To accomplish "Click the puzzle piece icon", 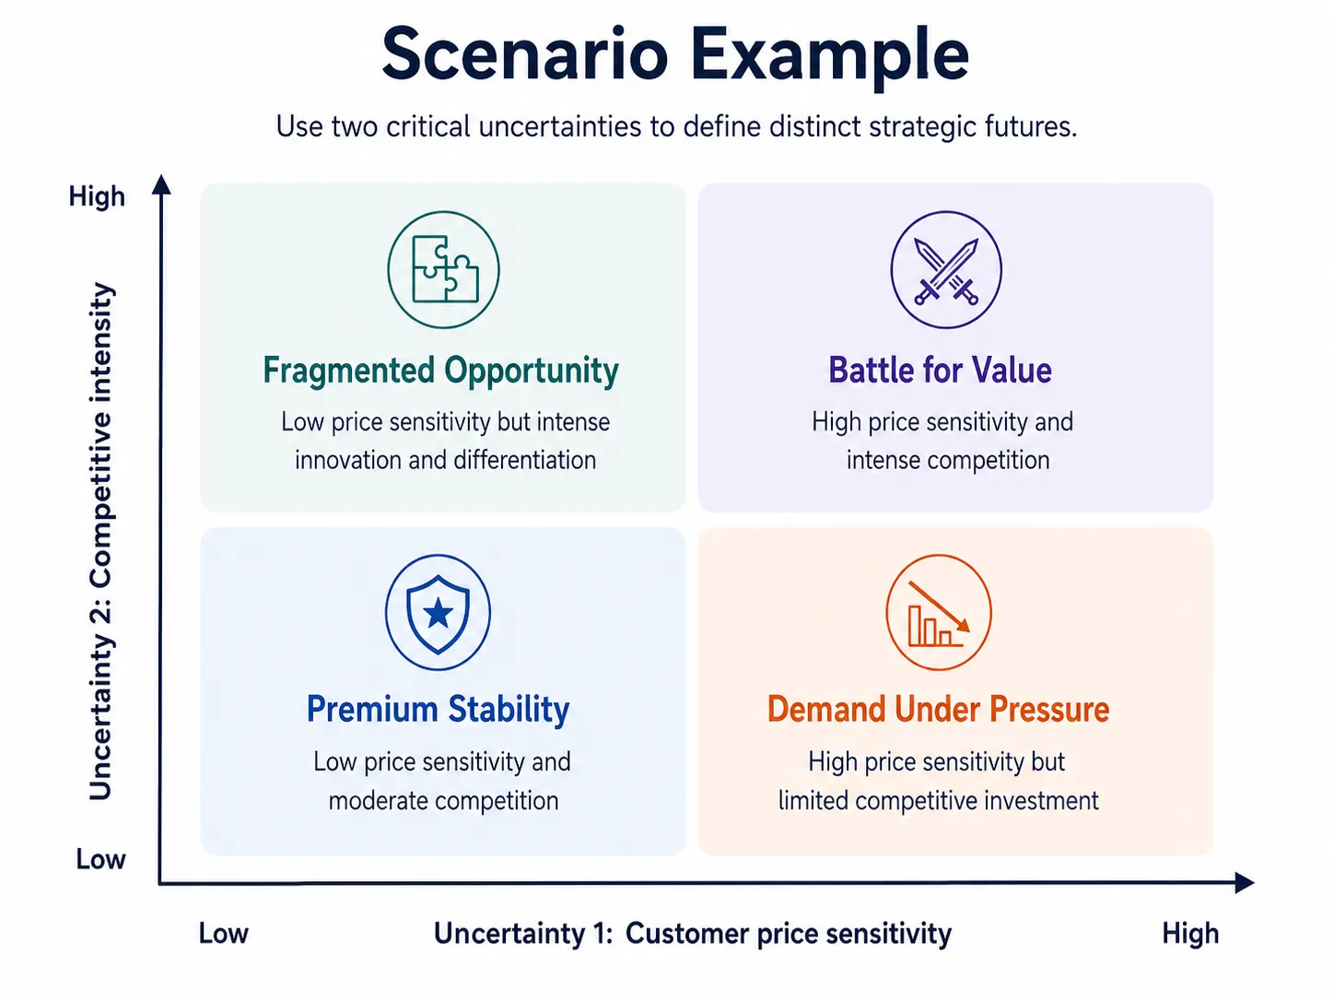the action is (444, 269).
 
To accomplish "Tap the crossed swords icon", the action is (946, 270).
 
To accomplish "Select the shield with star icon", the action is (438, 613).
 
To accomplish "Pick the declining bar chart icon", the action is (939, 613).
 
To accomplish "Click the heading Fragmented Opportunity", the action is (440, 371).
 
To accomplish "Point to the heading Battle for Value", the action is (941, 371).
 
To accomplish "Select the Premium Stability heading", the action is (439, 709).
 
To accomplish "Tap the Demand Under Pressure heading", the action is (939, 709).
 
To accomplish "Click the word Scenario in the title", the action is (525, 54).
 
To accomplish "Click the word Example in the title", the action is (829, 58).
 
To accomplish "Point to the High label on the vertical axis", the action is (97, 197).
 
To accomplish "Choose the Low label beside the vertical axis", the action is (101, 859).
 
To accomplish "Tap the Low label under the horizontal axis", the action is (224, 934).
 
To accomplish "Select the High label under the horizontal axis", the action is (1190, 934).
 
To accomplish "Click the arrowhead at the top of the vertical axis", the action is (161, 184).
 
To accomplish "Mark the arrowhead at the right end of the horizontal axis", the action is (1244, 882).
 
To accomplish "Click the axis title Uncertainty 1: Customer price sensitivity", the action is (692, 934).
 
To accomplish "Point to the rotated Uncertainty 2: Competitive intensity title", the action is (101, 541).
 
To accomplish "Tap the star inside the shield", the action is (438, 613).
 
